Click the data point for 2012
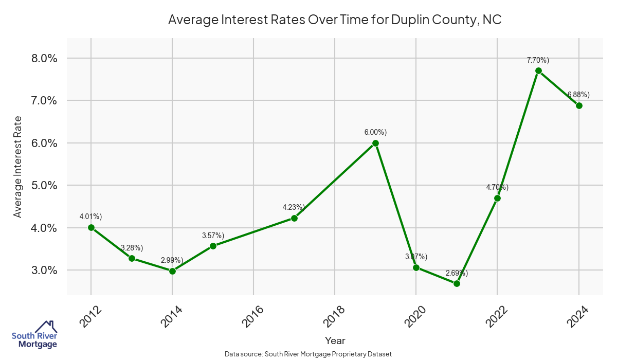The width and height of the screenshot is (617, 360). (x=91, y=227)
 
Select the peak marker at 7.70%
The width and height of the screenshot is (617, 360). (x=538, y=70)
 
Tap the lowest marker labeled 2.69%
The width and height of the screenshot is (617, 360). (x=457, y=283)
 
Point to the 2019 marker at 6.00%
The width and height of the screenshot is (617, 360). (x=375, y=143)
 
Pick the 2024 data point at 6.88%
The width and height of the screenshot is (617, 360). (x=579, y=105)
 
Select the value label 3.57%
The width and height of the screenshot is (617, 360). (x=213, y=236)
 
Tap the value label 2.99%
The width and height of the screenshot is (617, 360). (x=172, y=261)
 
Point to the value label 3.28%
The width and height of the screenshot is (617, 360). (x=132, y=248)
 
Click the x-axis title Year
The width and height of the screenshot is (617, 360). (x=335, y=340)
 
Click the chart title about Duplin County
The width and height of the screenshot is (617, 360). (x=335, y=21)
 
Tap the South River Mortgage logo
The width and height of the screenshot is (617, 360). (x=34, y=335)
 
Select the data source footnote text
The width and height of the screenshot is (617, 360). (x=308, y=354)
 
